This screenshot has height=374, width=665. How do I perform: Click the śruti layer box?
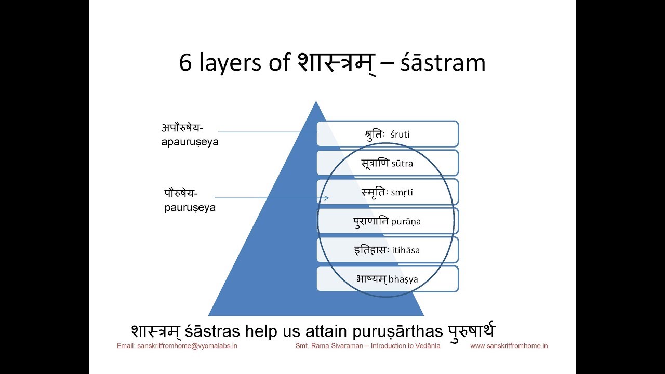(x=387, y=134)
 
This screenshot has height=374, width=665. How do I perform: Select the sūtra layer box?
(x=387, y=163)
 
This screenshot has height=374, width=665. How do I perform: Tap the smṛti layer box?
(x=387, y=192)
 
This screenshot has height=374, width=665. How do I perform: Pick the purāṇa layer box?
(x=387, y=221)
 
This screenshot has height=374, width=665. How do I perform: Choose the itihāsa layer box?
(x=387, y=250)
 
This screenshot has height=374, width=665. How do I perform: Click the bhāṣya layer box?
(x=387, y=279)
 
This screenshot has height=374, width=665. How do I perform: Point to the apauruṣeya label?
(x=190, y=135)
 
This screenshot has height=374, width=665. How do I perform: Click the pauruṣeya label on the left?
(x=189, y=201)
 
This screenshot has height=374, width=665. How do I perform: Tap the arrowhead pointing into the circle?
(x=326, y=198)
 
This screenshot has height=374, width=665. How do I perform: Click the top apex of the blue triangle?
(x=315, y=102)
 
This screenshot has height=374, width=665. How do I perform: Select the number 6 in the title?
(x=185, y=63)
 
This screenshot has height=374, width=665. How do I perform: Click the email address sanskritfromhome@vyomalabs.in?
(x=177, y=346)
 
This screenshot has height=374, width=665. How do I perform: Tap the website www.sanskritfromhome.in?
(x=509, y=346)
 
